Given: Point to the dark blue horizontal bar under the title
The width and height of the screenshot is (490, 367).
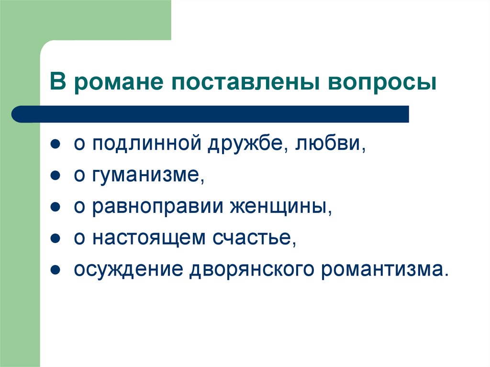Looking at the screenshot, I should click(211, 114).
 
